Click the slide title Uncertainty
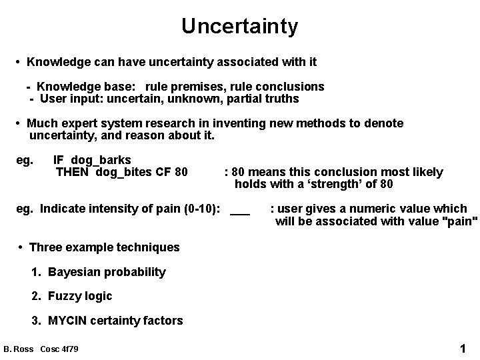click(239, 26)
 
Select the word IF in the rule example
click(59, 160)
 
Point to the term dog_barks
click(101, 160)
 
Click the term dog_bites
click(125, 173)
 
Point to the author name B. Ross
click(19, 349)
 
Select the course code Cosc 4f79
click(59, 349)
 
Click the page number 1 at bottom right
click(463, 348)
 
